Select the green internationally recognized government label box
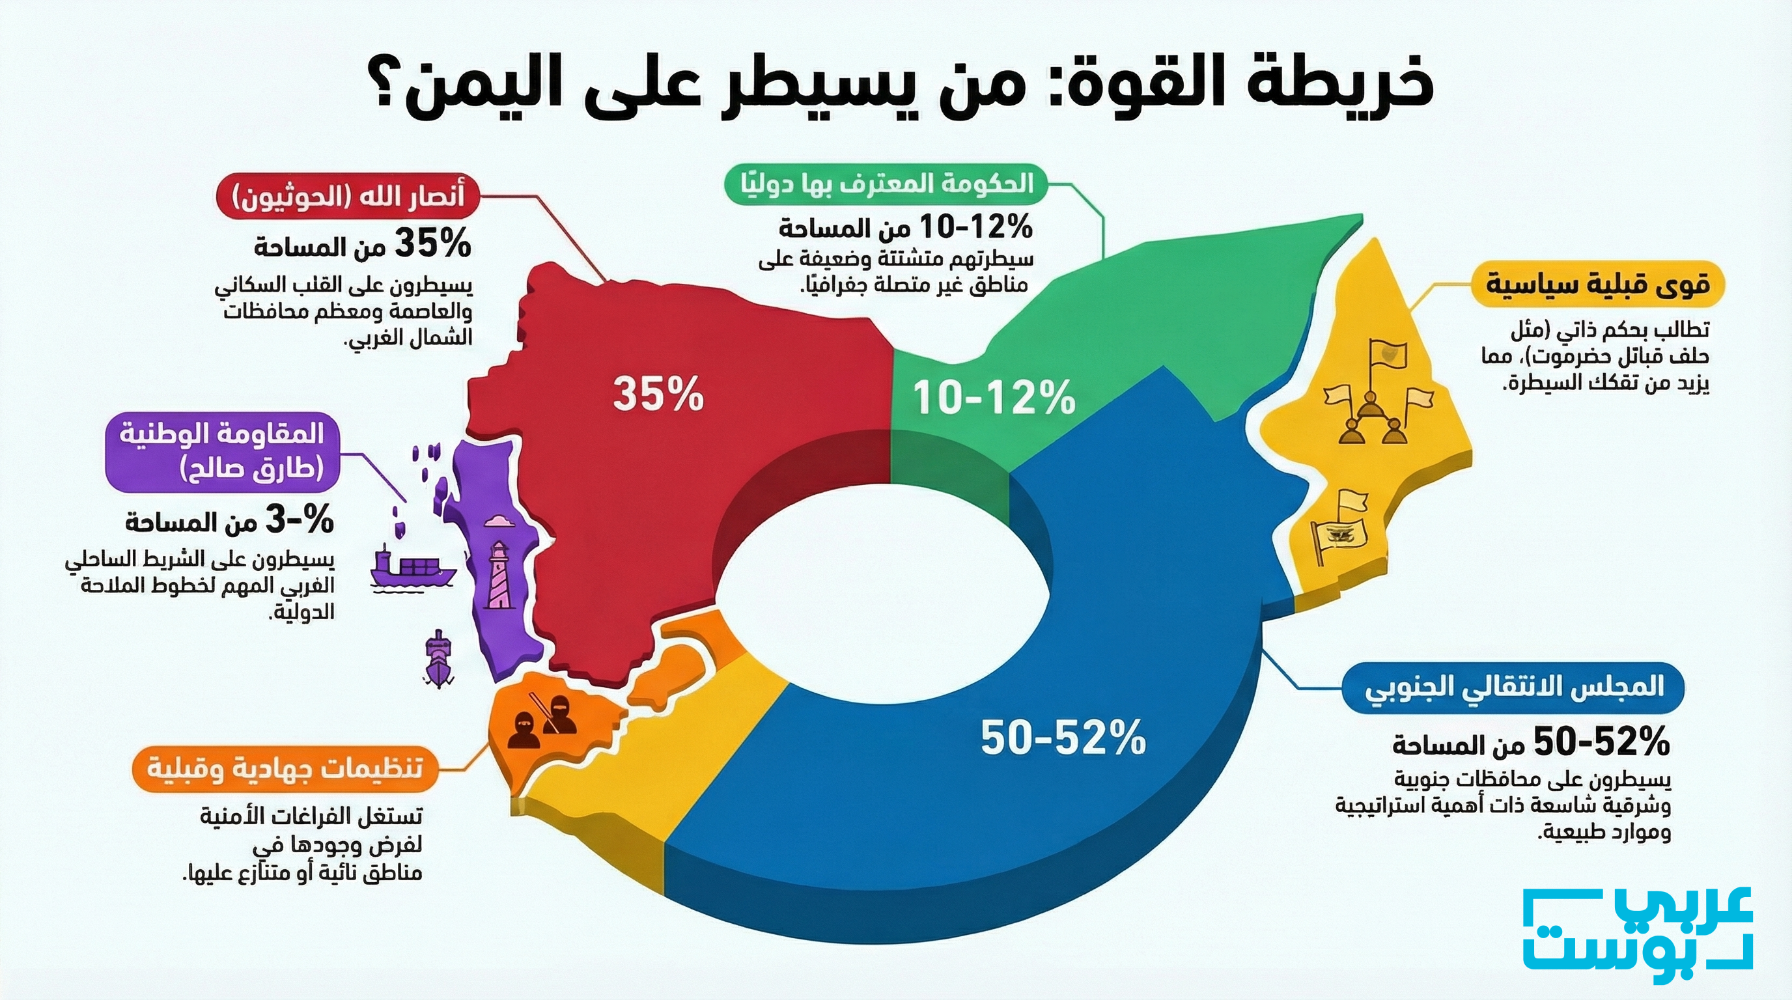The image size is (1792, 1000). click(x=880, y=184)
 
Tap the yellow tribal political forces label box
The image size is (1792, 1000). click(x=1598, y=285)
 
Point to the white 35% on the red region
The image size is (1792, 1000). click(x=658, y=395)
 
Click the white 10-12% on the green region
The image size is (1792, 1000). click(x=994, y=398)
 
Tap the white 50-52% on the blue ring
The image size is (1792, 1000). click(x=1063, y=738)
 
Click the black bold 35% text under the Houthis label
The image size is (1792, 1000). click(x=432, y=245)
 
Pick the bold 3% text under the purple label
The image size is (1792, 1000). click(x=299, y=521)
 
